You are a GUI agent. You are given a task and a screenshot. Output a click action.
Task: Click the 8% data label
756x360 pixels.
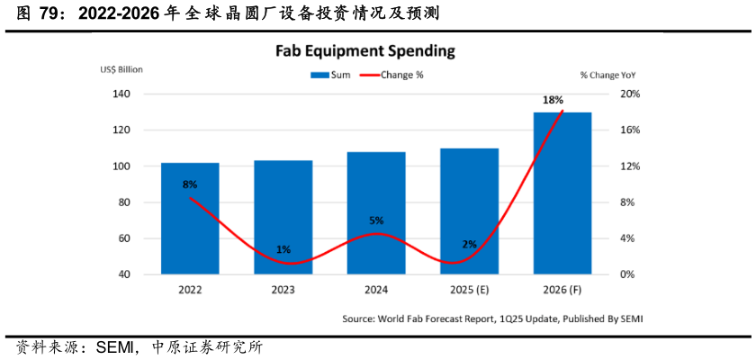[190, 184]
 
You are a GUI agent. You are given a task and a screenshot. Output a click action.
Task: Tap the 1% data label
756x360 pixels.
[283, 249]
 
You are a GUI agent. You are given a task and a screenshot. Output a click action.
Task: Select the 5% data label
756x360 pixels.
[377, 220]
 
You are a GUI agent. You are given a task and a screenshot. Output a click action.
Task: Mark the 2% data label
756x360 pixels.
[470, 245]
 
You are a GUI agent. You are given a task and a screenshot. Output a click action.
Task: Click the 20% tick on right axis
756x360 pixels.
[629, 94]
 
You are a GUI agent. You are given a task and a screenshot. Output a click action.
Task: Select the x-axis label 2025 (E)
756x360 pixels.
[470, 290]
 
